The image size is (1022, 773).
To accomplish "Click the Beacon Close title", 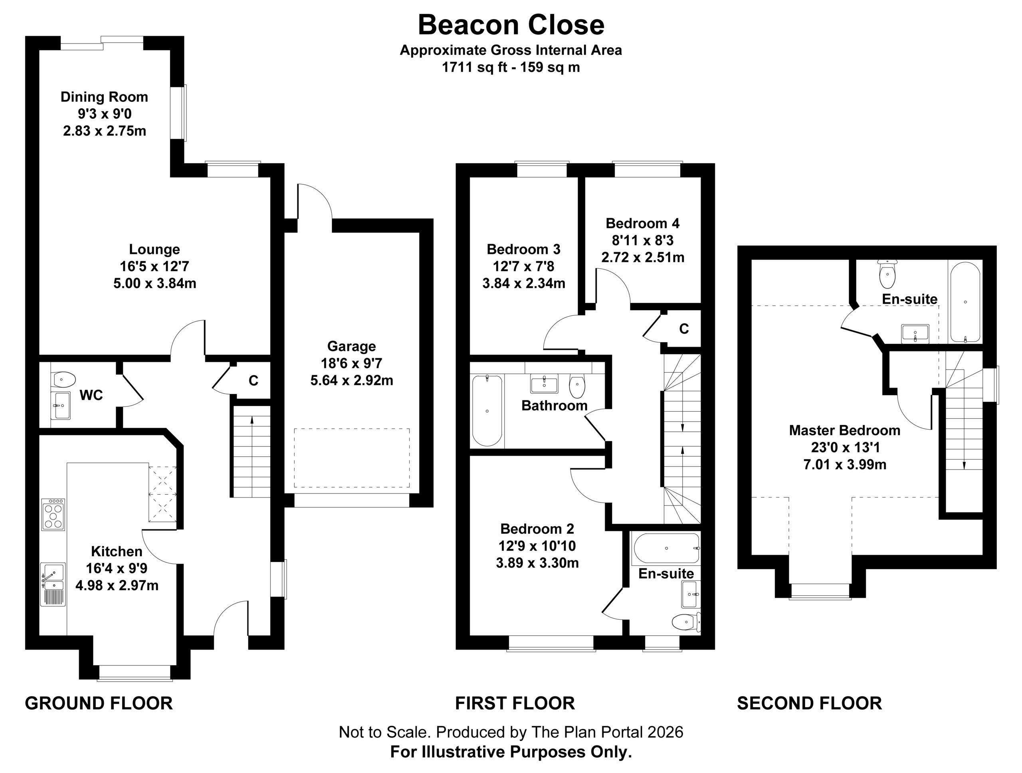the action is click(511, 24).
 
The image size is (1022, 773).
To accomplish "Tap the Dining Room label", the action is click(105, 97).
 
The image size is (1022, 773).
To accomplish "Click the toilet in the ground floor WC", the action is click(64, 380).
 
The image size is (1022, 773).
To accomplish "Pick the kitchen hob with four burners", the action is click(53, 514).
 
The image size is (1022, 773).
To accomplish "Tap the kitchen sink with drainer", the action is click(53, 584).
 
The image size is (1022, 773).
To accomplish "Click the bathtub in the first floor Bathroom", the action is click(487, 410).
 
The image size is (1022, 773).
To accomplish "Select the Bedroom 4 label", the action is click(643, 224).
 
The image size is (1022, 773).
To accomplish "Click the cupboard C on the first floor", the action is click(684, 329).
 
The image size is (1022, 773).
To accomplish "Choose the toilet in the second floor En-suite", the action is click(887, 274).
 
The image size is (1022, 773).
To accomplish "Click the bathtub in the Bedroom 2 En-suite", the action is click(667, 549).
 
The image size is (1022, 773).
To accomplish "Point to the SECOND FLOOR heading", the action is click(810, 703).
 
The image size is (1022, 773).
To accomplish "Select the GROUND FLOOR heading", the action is click(99, 703).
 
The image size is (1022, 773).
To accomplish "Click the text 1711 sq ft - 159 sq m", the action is click(511, 67).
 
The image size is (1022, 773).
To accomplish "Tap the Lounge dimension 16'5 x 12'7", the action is click(155, 267).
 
